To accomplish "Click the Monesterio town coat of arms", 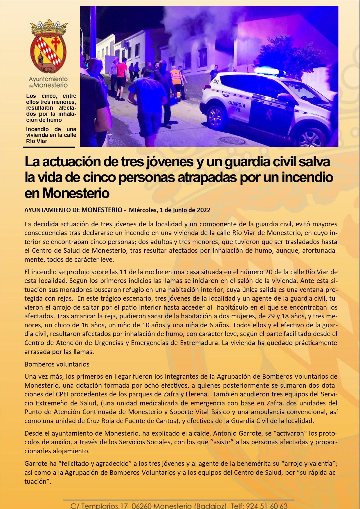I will click(48, 46).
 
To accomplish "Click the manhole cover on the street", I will click(232, 140).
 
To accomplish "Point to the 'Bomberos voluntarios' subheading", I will click(57, 364).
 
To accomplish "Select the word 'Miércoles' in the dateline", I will click(143, 210).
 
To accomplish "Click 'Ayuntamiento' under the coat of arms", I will click(48, 79).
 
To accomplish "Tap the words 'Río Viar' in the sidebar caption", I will click(37, 141).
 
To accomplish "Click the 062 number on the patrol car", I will click(215, 82).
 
